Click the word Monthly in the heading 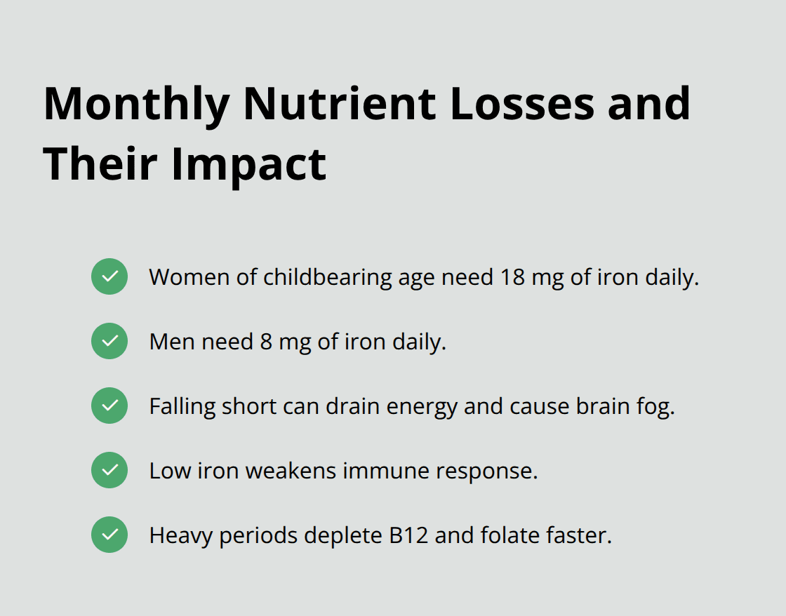tap(136, 104)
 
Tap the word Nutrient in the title tap(339, 104)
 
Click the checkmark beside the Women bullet tap(109, 276)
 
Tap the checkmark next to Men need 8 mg tap(109, 341)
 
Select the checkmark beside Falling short tap(109, 406)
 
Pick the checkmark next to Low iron tap(109, 470)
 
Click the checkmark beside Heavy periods tap(109, 535)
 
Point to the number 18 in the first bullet tap(512, 277)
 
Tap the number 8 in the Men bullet tap(265, 342)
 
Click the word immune tap(386, 471)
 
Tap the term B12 tap(408, 535)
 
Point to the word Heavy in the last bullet tap(181, 536)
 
